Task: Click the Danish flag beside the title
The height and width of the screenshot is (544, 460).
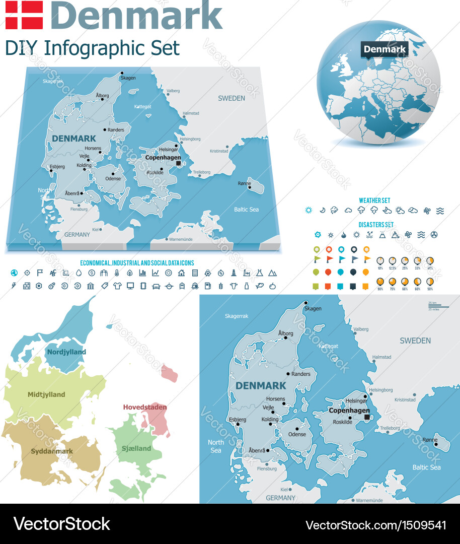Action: pos(24,15)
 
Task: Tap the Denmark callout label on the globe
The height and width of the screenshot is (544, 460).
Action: pos(385,49)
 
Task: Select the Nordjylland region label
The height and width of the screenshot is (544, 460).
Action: pos(66,352)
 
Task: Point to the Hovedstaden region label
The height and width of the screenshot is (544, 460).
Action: pos(145,407)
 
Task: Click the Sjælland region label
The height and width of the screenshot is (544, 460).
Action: pos(136,448)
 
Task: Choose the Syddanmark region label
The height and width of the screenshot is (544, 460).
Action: pos(52,451)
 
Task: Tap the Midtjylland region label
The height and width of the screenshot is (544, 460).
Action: pos(46,394)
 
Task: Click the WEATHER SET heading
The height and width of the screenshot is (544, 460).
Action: pos(374,200)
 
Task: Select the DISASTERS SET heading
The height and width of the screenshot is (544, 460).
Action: pos(376,225)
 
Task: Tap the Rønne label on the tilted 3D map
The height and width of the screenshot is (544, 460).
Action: pos(244,183)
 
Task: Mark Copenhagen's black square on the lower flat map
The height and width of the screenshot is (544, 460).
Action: pos(367,417)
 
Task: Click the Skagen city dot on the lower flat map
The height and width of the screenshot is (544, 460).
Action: pos(305,303)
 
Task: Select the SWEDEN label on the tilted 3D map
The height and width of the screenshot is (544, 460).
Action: pos(231,98)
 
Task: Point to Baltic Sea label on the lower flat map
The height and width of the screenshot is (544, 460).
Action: pos(427,467)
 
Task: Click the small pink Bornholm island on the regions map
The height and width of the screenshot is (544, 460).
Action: pos(170,374)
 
